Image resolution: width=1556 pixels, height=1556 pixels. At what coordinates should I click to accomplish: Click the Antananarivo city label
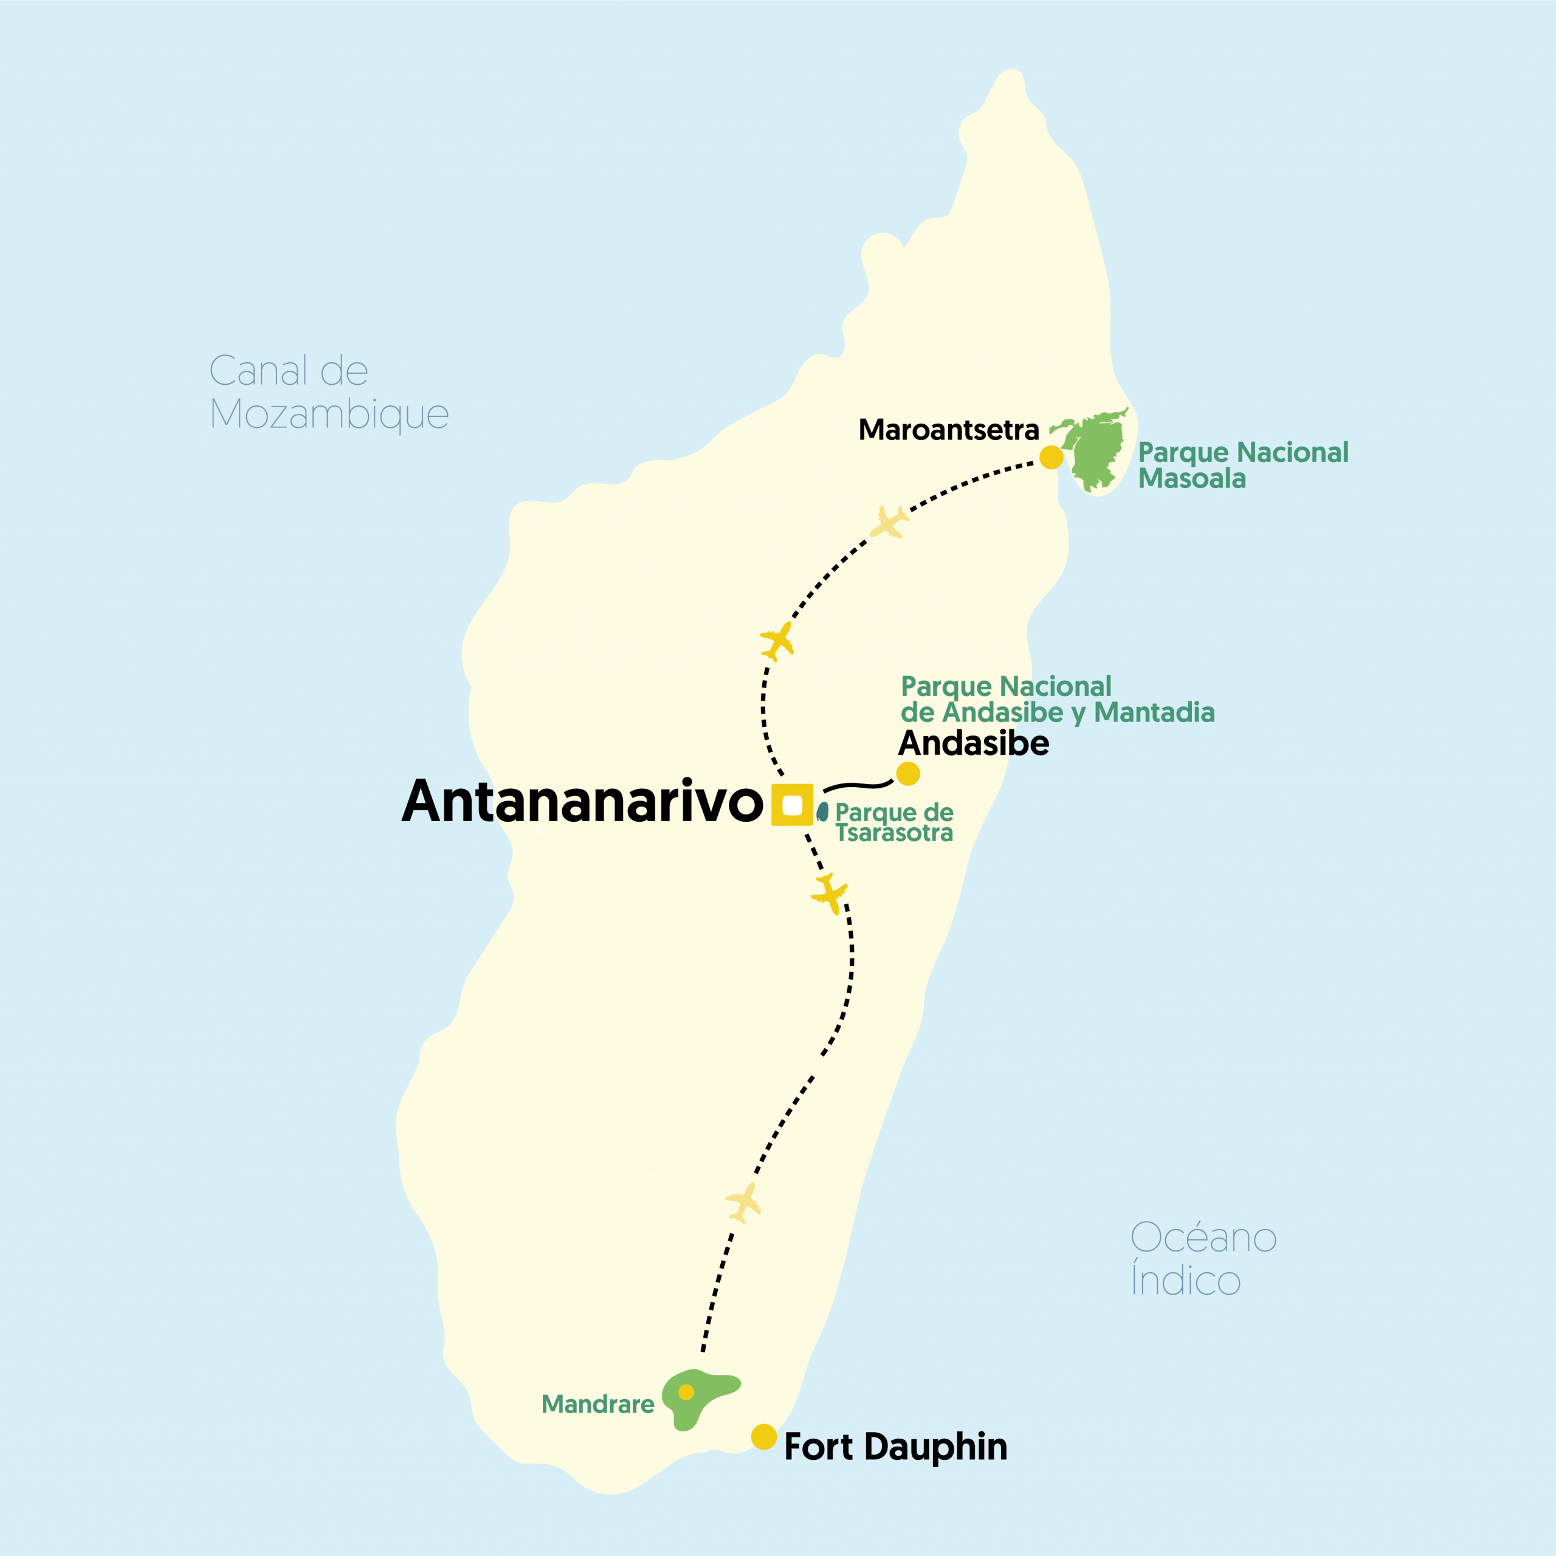click(x=582, y=802)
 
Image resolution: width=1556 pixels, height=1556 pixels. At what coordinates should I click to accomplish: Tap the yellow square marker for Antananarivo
click(x=793, y=805)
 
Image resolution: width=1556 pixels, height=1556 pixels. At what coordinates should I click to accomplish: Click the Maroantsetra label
click(x=949, y=430)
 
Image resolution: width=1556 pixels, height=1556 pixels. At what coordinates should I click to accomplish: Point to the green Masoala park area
click(x=1097, y=451)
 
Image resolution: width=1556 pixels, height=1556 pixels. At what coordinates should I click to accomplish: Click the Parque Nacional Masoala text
click(x=1243, y=466)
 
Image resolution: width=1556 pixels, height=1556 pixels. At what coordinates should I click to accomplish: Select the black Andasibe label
click(x=974, y=743)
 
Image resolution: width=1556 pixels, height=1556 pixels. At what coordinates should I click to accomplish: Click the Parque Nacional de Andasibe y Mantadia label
click(x=1056, y=699)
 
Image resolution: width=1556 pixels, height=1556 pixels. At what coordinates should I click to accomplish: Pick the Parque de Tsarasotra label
click(x=894, y=822)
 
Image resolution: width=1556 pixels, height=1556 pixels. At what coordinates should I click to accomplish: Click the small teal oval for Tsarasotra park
click(x=822, y=812)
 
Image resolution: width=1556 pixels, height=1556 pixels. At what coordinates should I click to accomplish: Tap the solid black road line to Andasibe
click(x=858, y=785)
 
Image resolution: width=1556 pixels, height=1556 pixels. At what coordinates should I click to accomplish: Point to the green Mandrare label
click(x=597, y=1405)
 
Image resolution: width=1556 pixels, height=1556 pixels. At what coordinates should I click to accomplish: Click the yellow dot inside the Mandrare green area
click(x=686, y=1392)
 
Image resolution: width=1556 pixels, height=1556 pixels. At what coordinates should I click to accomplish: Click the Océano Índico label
click(x=1203, y=1258)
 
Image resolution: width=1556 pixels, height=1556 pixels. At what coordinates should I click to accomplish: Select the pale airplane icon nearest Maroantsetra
click(x=889, y=522)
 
